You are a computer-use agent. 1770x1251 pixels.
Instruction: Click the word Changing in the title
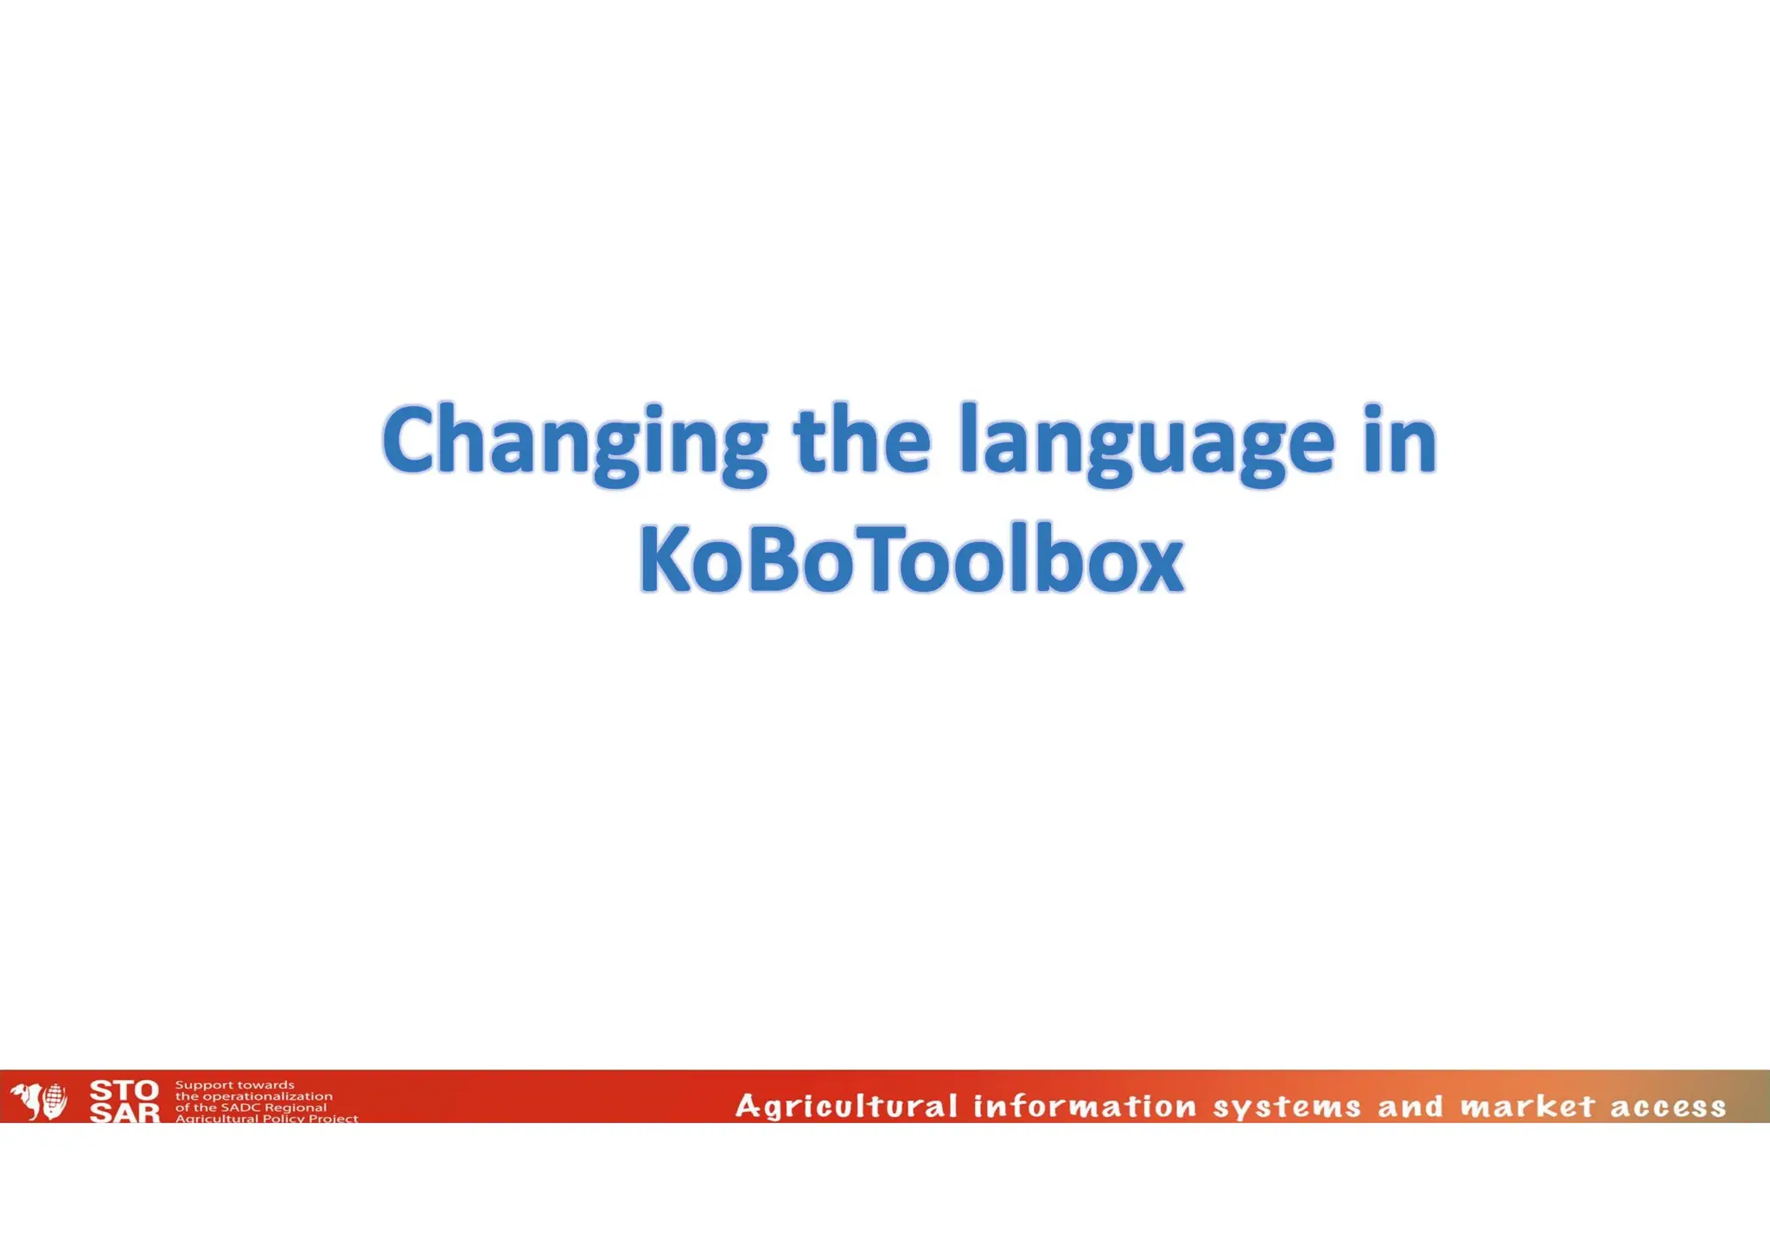575,442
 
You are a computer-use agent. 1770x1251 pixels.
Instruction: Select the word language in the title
1147,442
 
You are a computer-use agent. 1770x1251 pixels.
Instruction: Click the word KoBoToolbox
911,559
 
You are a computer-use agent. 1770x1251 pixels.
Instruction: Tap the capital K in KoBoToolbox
665,559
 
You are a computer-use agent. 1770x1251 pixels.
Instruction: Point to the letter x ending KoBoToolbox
1159,566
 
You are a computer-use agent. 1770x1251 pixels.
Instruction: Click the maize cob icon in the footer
54,1100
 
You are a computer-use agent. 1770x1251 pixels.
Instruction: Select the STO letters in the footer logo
124,1090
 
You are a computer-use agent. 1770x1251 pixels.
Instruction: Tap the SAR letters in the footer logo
124,1113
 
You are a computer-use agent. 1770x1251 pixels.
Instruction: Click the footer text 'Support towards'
235,1085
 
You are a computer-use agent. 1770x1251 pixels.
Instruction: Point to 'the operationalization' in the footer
253,1096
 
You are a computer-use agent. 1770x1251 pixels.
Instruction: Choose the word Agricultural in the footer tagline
846,1107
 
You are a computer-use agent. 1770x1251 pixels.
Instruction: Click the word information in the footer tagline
1085,1107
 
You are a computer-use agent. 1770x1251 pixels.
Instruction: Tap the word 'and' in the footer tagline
1410,1107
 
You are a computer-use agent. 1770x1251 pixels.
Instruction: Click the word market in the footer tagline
1527,1107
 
